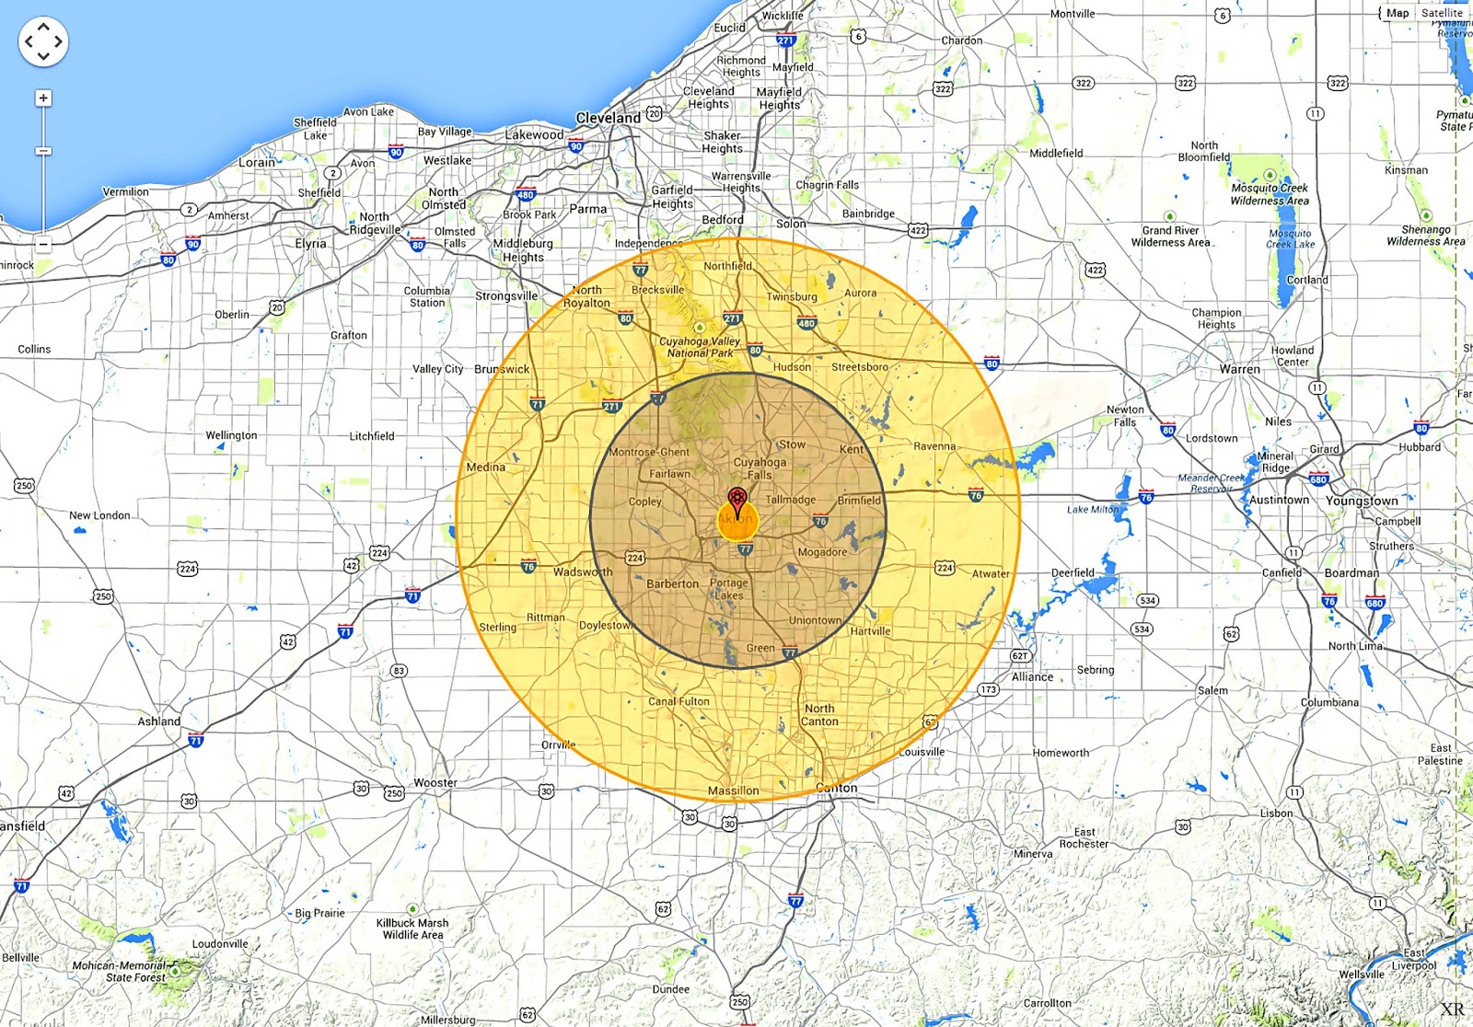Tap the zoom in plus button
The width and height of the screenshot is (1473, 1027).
pyautogui.click(x=43, y=98)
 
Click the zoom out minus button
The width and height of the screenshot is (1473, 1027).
pyautogui.click(x=43, y=245)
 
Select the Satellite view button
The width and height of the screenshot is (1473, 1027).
pyautogui.click(x=1442, y=13)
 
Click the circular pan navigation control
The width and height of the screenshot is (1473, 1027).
pyautogui.click(x=43, y=41)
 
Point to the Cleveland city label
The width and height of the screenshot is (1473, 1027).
pyautogui.click(x=608, y=118)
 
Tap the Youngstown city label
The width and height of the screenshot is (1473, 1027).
pyautogui.click(x=1362, y=501)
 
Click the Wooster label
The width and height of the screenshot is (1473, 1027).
pyautogui.click(x=435, y=783)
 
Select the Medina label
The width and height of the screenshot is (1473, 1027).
pyautogui.click(x=486, y=467)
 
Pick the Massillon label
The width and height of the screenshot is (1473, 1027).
pyautogui.click(x=734, y=790)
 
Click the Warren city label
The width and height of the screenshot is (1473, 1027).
pyautogui.click(x=1240, y=369)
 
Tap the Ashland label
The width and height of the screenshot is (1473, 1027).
pyautogui.click(x=159, y=721)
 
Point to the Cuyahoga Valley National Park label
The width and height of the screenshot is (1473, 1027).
pyautogui.click(x=700, y=347)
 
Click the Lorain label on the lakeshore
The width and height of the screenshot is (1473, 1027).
pyautogui.click(x=257, y=162)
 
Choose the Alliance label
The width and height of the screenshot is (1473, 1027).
pyautogui.click(x=1033, y=677)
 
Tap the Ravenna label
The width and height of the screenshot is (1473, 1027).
pyautogui.click(x=934, y=446)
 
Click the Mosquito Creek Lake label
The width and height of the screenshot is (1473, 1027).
pyautogui.click(x=1290, y=239)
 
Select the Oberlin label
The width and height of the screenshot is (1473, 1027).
pyautogui.click(x=232, y=315)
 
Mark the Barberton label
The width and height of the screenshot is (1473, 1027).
pyautogui.click(x=672, y=584)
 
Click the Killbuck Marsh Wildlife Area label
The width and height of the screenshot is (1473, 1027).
pyautogui.click(x=412, y=929)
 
